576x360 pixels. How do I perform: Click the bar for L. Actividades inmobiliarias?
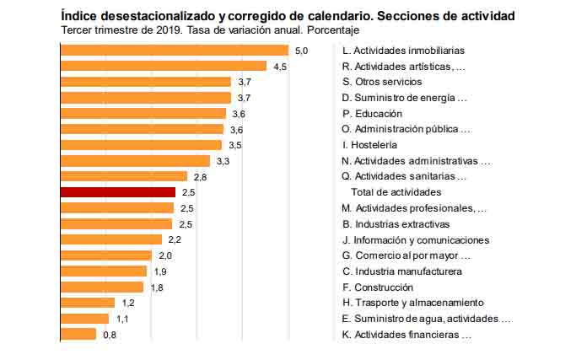(x=174, y=51)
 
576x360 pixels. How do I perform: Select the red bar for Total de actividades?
(x=117, y=192)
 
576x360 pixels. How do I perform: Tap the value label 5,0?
(x=301, y=51)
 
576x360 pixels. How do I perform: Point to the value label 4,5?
(x=280, y=66)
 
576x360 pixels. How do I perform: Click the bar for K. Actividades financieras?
(x=78, y=334)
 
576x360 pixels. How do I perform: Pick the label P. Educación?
(x=372, y=113)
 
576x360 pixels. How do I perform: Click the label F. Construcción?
(x=379, y=287)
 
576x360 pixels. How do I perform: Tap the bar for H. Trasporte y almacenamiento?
(x=87, y=303)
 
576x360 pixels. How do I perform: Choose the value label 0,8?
(x=110, y=335)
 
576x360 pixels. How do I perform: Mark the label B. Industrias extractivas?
(x=396, y=224)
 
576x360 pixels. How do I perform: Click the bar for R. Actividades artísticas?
(x=163, y=66)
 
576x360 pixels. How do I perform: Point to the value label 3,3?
(x=223, y=161)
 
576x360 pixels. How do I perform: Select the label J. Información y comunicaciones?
(x=416, y=239)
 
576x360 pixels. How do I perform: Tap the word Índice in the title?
(x=77, y=16)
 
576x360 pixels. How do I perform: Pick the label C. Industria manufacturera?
(x=401, y=271)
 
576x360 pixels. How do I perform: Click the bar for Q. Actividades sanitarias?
(x=124, y=176)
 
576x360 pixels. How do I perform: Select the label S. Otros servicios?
(x=382, y=82)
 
